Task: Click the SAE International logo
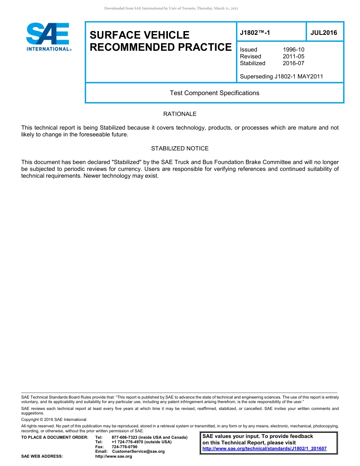[48, 37]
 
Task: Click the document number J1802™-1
[255, 33]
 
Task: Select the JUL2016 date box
[324, 33]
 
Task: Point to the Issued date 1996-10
[293, 50]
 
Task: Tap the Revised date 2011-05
[293, 56]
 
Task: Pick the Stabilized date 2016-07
[293, 63]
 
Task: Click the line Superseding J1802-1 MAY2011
[281, 77]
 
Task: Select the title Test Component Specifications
[214, 93]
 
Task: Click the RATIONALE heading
[180, 114]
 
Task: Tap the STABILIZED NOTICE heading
[180, 149]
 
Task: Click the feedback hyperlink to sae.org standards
[264, 449]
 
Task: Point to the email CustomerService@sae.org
[138, 451]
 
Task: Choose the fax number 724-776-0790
[124, 447]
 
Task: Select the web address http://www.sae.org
[114, 457]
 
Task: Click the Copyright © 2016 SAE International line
[54, 420]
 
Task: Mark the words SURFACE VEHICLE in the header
[139, 35]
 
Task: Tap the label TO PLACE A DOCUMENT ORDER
[55, 438]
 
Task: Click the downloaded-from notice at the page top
[171, 8]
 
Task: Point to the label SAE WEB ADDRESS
[42, 457]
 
